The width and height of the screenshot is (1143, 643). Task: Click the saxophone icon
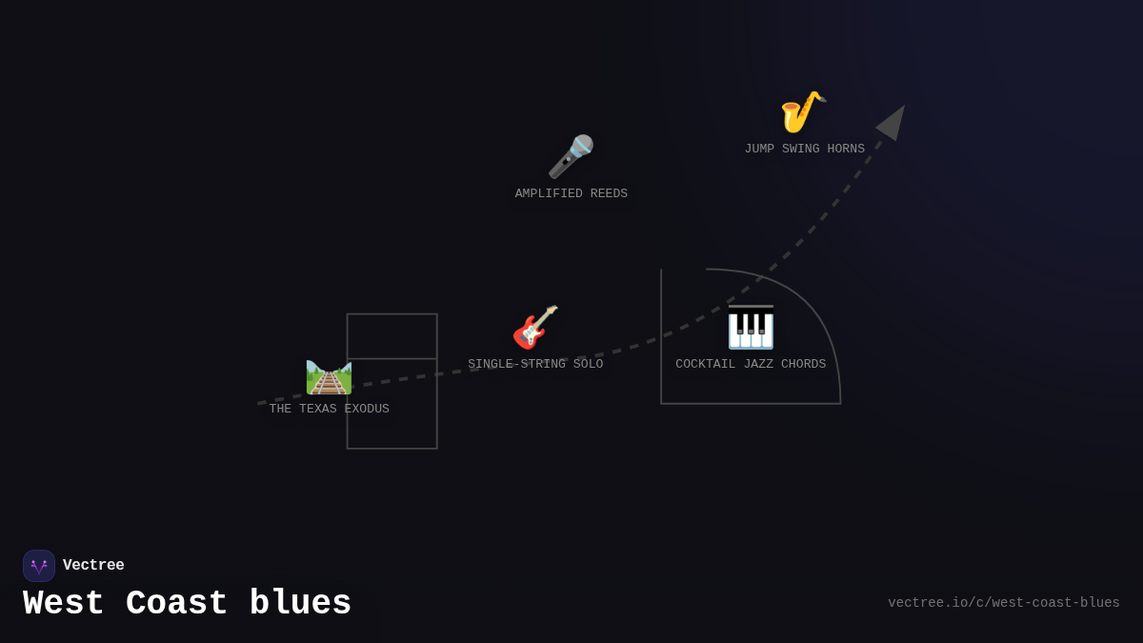pos(803,112)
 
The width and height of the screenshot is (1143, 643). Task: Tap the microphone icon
pos(571,156)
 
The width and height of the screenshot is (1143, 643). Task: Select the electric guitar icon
pos(535,328)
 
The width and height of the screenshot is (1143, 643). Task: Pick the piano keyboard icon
pos(751,328)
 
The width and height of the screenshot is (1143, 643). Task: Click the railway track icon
pos(329,377)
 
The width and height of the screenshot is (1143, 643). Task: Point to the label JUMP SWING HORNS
pos(805,150)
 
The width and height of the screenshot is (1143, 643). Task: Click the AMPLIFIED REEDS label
pos(571,194)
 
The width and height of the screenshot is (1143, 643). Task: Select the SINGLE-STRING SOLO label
pos(535,365)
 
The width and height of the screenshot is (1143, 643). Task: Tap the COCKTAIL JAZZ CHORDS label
pos(751,365)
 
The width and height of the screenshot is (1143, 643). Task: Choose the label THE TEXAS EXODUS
pos(330,410)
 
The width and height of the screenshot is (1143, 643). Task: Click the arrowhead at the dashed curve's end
pos(892,122)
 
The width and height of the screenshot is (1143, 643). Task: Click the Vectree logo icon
pos(39,566)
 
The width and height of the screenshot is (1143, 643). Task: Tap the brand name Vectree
pos(93,566)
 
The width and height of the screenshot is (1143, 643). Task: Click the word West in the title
pos(64,604)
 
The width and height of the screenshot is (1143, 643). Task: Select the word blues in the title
pos(301,604)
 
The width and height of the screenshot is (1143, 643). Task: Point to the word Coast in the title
pos(177,604)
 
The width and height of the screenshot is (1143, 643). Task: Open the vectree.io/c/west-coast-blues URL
pos(1004,603)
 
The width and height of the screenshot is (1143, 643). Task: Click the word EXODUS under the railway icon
pos(367,410)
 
